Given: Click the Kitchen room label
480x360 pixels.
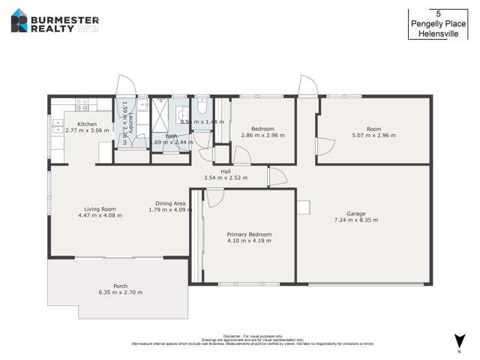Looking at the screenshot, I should (x=87, y=124).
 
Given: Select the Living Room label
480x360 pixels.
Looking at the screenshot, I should (x=100, y=208).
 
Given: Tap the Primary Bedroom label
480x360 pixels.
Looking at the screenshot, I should (x=249, y=234).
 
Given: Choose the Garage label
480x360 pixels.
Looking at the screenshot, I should (x=355, y=214).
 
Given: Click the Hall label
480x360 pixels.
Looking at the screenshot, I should (x=225, y=171).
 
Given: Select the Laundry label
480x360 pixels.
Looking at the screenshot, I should (x=130, y=119).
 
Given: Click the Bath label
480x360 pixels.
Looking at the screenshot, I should (x=171, y=136).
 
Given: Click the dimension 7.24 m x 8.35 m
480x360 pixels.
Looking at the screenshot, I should (x=355, y=220).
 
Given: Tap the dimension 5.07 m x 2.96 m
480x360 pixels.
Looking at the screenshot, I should (x=373, y=136).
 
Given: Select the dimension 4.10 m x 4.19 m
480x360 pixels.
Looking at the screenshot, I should (x=249, y=241).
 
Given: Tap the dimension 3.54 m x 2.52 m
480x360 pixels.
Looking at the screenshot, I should (x=225, y=178).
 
